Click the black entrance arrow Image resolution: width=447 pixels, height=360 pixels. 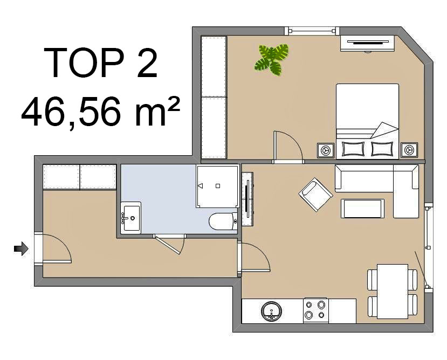pos(22,248)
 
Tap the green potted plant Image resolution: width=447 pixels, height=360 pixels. pos(271,60)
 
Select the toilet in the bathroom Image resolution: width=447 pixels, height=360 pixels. pos(223,221)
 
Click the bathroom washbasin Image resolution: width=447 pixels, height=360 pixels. pos(130,218)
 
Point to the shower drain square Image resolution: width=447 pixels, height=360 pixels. pos(218,186)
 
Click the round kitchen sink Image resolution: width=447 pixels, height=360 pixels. pos(271,311)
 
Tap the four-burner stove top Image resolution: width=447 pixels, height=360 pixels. pos(316,310)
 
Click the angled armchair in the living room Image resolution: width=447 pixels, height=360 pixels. pos(315,195)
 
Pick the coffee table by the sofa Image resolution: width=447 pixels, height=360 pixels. pos(362,209)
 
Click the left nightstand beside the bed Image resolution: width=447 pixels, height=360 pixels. pos(326,150)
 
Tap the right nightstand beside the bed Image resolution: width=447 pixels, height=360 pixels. pos(409,150)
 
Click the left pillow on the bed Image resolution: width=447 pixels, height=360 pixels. pos(353,149)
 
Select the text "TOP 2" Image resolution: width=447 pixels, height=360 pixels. pos(101,63)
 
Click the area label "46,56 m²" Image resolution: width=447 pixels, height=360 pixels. pos(101,112)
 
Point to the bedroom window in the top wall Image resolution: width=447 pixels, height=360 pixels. pos(312,31)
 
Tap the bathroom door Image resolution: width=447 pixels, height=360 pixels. pos(169,244)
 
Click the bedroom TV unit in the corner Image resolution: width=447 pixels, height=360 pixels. pos(367,44)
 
